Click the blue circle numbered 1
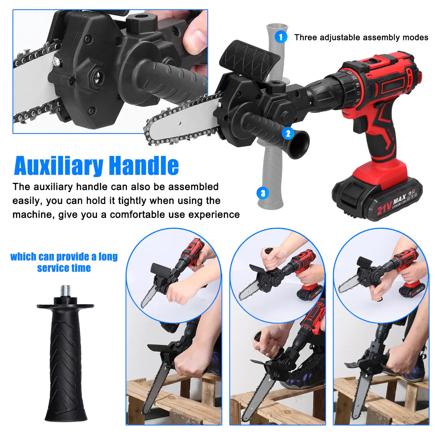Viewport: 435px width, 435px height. click(x=281, y=37)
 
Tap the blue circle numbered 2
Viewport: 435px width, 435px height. click(x=288, y=133)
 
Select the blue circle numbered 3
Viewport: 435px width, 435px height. click(x=263, y=193)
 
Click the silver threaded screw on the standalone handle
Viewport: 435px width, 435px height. click(x=65, y=291)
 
